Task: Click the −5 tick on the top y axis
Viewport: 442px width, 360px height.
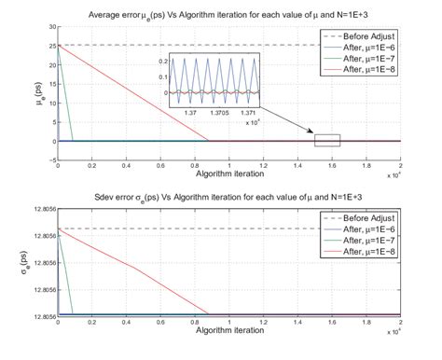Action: point(48,160)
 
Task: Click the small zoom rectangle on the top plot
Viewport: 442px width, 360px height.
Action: point(327,140)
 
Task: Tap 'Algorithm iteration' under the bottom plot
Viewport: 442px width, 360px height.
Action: point(227,332)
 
